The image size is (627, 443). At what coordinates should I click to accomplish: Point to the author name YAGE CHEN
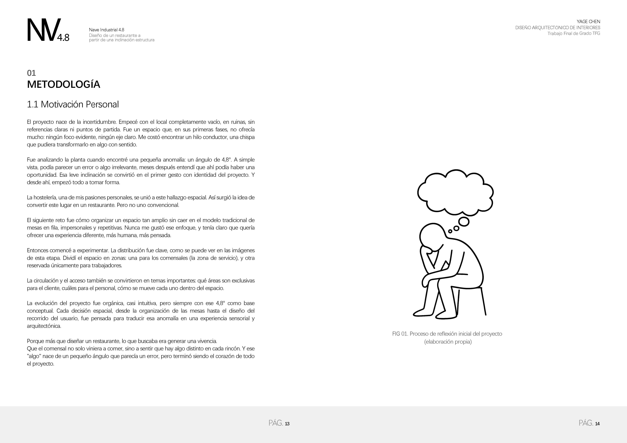pos(588,22)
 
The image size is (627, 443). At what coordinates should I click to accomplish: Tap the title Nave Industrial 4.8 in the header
pos(107,30)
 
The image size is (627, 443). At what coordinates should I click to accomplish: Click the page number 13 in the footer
pos(287,424)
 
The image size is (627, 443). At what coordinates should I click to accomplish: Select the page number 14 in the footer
pos(597,424)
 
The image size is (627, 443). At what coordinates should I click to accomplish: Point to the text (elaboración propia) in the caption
pos(448,342)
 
